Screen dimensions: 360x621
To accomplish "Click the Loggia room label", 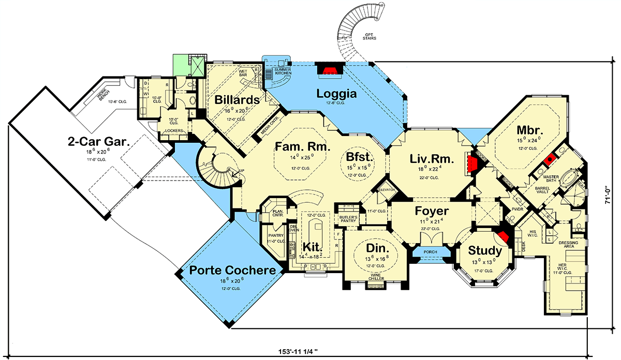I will (x=336, y=94).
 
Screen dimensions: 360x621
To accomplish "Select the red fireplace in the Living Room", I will (x=472, y=164).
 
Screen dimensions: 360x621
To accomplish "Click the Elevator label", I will (x=387, y=190).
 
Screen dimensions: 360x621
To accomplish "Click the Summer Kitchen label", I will (x=283, y=71).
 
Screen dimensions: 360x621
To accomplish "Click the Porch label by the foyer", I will (x=430, y=252).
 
